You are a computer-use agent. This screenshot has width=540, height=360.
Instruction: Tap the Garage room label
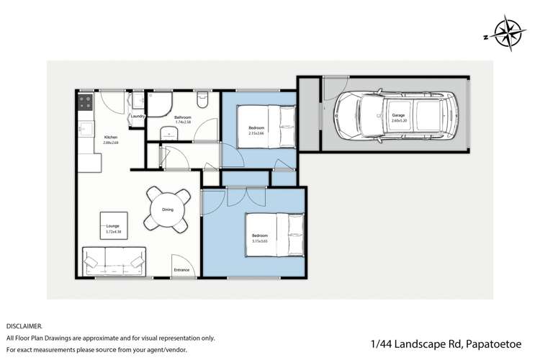(398, 116)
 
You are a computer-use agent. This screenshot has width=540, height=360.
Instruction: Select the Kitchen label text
(110, 138)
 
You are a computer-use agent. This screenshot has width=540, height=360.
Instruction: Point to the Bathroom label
(181, 117)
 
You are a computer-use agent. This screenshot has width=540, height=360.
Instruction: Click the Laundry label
(139, 116)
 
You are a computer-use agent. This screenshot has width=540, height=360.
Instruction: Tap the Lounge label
(112, 225)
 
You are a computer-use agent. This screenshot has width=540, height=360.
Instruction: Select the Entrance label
(181, 270)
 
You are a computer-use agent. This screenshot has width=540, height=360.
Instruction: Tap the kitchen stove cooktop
(85, 103)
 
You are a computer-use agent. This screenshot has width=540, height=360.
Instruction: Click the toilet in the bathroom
(204, 100)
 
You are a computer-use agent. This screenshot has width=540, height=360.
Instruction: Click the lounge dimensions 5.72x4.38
(112, 231)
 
